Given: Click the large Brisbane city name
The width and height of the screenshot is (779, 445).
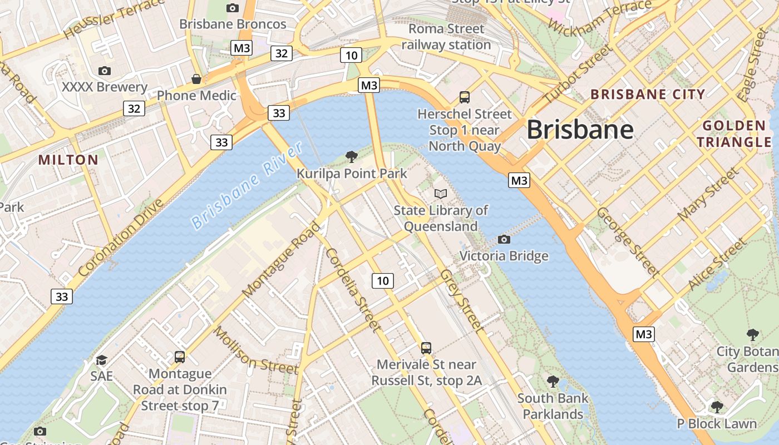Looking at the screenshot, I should pyautogui.click(x=580, y=130).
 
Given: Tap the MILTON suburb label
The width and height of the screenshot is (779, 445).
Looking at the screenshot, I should pyautogui.click(x=68, y=160).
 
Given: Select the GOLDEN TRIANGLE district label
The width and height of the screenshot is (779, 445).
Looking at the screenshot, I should pyautogui.click(x=734, y=133).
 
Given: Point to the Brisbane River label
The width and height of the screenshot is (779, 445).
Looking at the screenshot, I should pyautogui.click(x=247, y=186).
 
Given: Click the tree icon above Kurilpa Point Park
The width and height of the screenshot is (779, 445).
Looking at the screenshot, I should pyautogui.click(x=351, y=156).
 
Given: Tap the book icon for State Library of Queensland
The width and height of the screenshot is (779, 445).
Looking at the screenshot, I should pyautogui.click(x=441, y=194).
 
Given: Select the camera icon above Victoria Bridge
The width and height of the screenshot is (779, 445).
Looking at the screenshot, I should pyautogui.click(x=504, y=239).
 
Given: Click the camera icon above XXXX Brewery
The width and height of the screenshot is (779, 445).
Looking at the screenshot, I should pyautogui.click(x=104, y=71).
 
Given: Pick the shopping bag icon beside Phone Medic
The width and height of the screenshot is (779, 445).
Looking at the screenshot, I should pyautogui.click(x=196, y=79).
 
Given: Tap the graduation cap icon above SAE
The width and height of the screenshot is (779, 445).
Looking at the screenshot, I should pyautogui.click(x=101, y=360).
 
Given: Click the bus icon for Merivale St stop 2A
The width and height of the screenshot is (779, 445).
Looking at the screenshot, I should pyautogui.click(x=426, y=348).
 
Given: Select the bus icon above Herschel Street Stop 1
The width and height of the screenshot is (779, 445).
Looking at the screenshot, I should pyautogui.click(x=465, y=97).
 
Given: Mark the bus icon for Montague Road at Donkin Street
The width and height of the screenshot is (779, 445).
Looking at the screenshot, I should pyautogui.click(x=180, y=357).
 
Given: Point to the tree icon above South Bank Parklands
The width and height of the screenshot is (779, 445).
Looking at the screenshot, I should pyautogui.click(x=553, y=382).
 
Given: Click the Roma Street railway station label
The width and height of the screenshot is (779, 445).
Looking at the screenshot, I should pyautogui.click(x=446, y=37).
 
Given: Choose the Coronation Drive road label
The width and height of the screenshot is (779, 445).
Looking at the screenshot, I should pyautogui.click(x=121, y=238).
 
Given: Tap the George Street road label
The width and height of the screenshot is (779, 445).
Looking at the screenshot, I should pyautogui.click(x=628, y=241).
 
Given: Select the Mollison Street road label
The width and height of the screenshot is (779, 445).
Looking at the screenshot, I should pyautogui.click(x=256, y=351).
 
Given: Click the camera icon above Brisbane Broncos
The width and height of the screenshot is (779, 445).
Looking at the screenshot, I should pyautogui.click(x=233, y=8).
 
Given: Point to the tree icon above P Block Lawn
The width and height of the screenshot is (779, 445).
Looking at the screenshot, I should pyautogui.click(x=717, y=407).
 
